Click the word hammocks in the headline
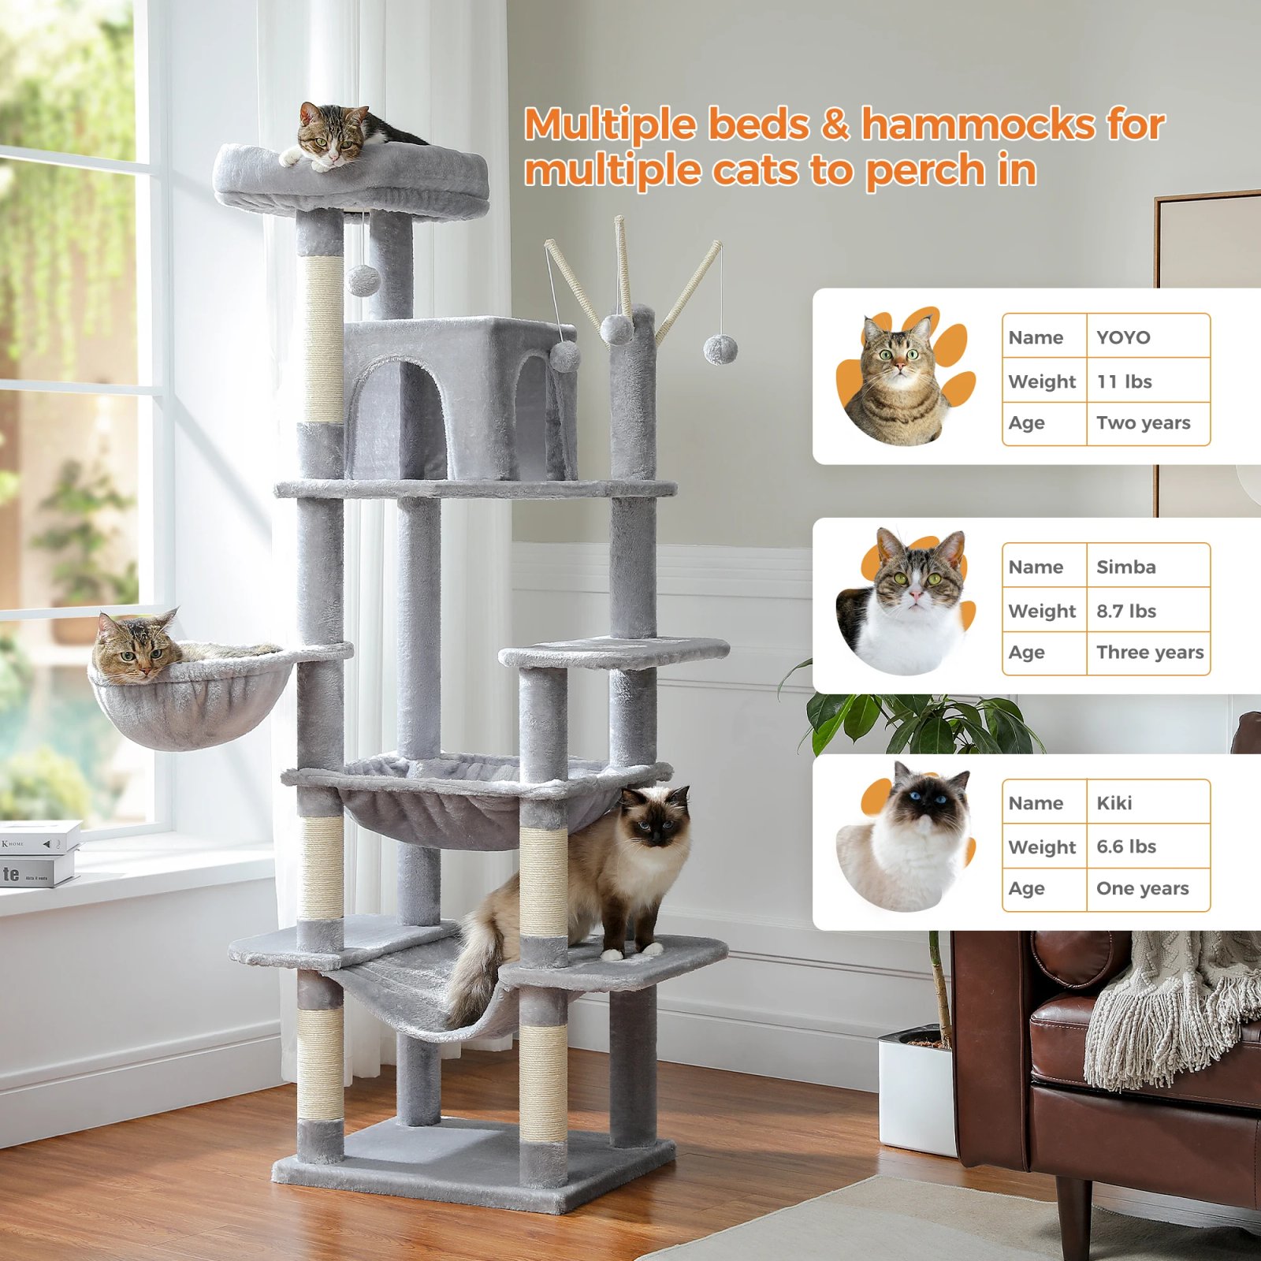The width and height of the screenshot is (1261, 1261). click(977, 125)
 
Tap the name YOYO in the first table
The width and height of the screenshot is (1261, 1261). click(1123, 337)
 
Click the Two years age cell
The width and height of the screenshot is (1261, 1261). click(1143, 422)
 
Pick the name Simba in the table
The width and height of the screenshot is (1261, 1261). click(1125, 567)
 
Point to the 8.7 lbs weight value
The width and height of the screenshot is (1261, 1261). click(1125, 611)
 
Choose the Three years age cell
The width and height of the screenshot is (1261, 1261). click(1149, 652)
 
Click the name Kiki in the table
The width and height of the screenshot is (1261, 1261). click(1114, 802)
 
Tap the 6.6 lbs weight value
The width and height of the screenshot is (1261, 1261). click(1125, 846)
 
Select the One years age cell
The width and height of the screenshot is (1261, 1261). click(1142, 888)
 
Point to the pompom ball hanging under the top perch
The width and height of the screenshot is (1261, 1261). click(363, 279)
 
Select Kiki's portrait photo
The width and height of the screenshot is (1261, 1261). click(906, 839)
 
